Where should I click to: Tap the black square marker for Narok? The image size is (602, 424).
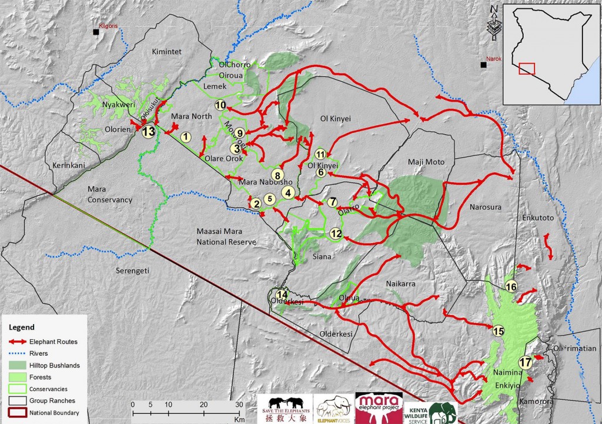483,64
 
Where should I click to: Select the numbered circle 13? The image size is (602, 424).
148,131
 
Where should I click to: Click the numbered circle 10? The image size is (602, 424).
220,105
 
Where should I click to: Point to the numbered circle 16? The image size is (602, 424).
511,286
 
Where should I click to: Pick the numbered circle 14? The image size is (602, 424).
283,295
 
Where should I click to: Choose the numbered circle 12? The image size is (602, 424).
336,233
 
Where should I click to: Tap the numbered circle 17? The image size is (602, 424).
526,362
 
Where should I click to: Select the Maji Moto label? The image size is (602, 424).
426,162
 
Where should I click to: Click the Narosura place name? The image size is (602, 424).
486,207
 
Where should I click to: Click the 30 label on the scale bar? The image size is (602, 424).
239,405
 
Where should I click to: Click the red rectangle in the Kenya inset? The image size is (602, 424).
527,68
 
